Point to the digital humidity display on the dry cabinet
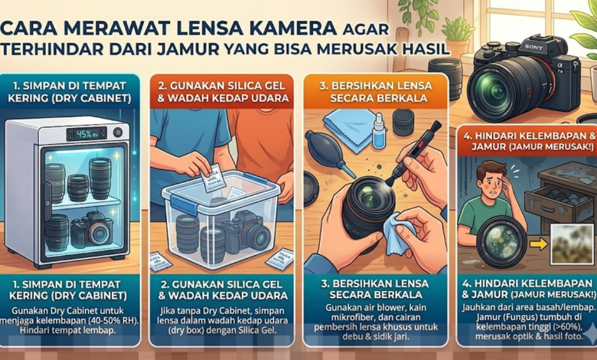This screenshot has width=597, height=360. (x=86, y=133)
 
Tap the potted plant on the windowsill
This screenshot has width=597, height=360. (x=458, y=34)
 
